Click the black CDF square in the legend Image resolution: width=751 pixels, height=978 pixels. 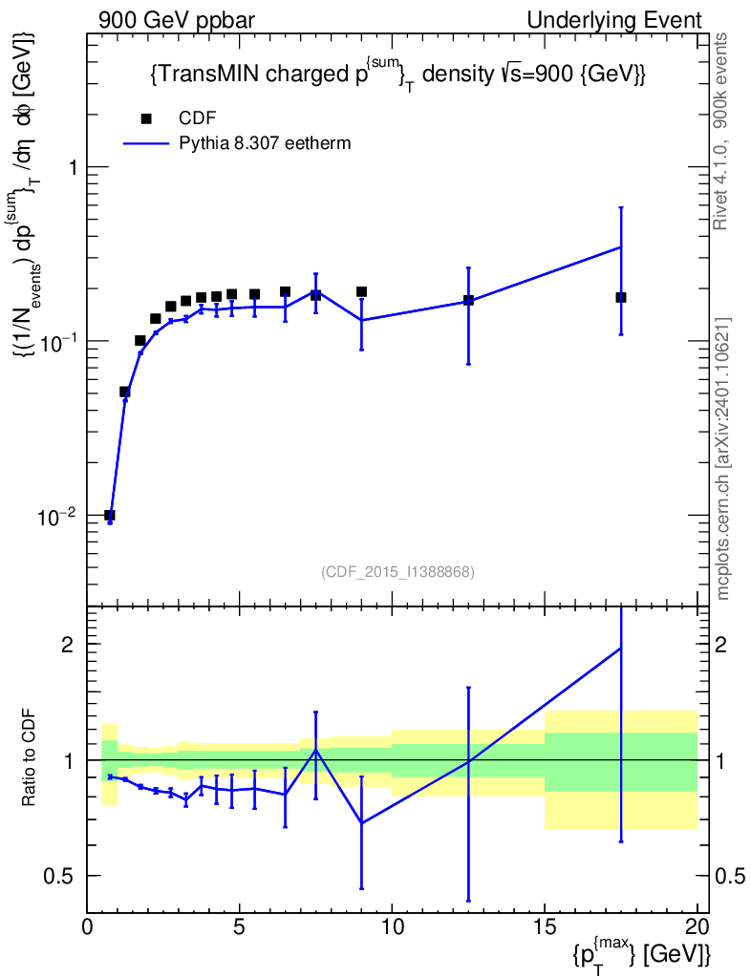146,118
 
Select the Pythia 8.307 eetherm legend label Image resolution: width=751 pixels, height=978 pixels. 265,143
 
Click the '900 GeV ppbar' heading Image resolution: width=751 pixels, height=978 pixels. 177,20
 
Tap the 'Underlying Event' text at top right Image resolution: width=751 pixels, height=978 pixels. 614,20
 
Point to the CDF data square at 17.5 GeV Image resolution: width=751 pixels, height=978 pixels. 621,298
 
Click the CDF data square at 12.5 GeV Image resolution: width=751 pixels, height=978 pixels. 468,300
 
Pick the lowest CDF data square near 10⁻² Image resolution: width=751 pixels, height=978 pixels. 109,515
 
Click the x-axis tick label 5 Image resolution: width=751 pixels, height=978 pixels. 240,926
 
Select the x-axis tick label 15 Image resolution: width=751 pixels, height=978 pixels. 545,926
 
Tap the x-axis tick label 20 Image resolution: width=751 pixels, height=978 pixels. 697,926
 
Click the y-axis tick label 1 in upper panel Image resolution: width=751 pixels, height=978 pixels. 73,167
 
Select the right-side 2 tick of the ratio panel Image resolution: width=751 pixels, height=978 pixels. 720,644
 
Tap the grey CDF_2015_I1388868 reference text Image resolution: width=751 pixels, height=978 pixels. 398,571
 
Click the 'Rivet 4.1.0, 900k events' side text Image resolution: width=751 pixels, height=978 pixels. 720,132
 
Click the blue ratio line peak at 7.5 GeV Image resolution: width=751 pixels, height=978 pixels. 316,750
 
